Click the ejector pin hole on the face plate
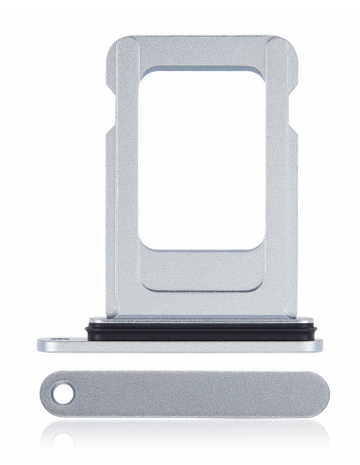62,389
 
